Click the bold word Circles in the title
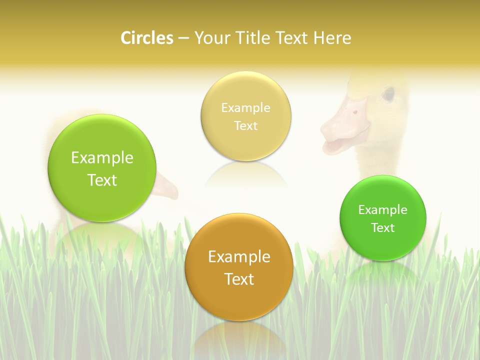click(x=147, y=38)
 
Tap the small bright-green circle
click(x=383, y=245)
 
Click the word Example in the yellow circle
click(x=245, y=107)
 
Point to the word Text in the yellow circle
click(x=245, y=125)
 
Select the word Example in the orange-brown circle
click(x=239, y=256)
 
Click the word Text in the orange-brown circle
click(x=239, y=279)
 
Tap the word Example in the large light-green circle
click(x=102, y=157)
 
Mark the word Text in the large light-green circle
click(x=102, y=180)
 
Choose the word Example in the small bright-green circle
click(x=383, y=209)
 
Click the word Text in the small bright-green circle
click(x=383, y=227)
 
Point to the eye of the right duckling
click(x=388, y=93)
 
